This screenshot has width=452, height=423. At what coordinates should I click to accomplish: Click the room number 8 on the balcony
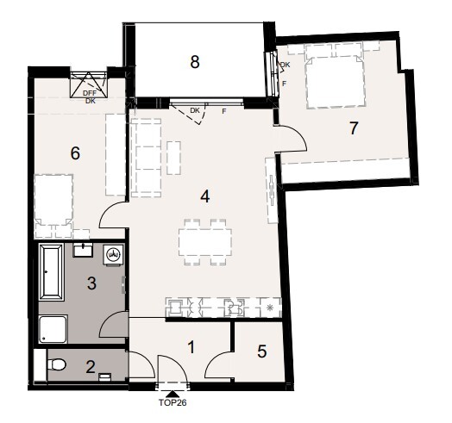195,62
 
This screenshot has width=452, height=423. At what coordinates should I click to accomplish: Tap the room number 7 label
353,129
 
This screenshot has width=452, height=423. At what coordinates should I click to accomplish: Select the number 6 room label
75,153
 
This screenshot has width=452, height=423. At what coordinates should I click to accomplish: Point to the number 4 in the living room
204,196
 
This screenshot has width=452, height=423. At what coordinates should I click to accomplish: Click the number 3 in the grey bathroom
90,282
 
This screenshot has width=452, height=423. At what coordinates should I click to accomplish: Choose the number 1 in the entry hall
192,347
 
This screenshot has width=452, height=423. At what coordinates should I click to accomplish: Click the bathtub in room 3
50,272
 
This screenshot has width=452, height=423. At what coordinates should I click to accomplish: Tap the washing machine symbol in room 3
113,255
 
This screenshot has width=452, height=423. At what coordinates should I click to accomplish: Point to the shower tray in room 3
54,329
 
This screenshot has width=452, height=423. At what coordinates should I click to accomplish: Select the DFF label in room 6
90,93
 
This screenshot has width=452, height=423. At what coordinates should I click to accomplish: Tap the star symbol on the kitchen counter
270,308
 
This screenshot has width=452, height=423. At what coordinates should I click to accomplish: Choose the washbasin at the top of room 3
85,251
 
